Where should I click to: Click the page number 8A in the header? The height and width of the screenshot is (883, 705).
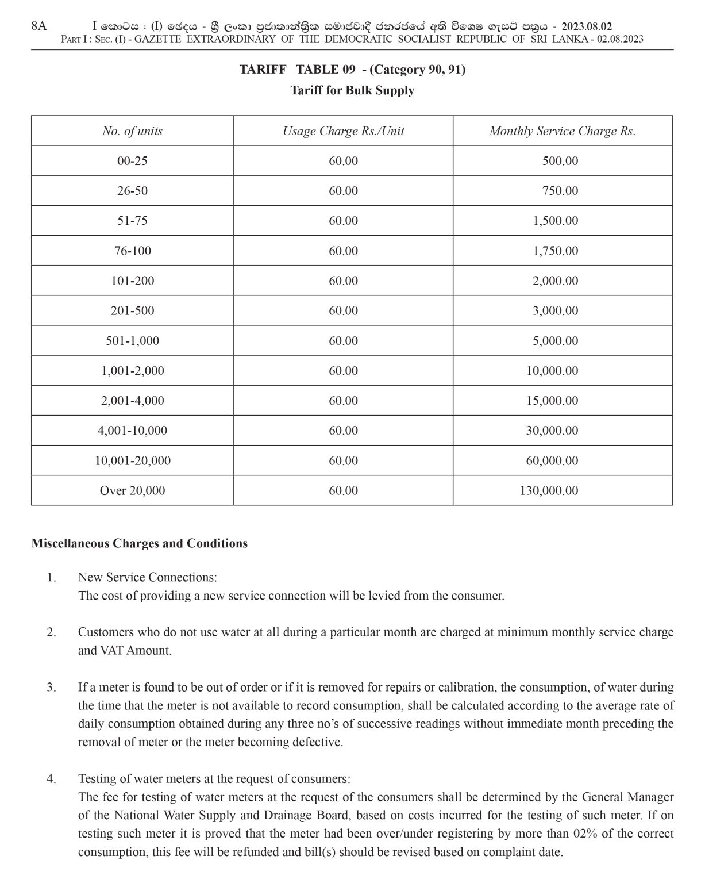[x=38, y=26]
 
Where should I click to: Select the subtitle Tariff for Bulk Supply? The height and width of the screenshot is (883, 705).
[x=352, y=90]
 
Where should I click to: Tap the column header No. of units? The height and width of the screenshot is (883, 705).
[x=132, y=131]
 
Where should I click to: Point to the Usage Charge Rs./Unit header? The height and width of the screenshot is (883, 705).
[x=343, y=131]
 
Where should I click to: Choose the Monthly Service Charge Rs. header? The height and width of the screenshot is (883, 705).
[x=562, y=131]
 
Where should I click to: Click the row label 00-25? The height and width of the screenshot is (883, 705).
[x=132, y=161]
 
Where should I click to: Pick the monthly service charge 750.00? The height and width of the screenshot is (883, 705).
[x=560, y=191]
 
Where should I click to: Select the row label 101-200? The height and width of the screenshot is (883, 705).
[x=132, y=281]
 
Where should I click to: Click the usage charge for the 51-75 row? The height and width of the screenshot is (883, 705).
[x=343, y=221]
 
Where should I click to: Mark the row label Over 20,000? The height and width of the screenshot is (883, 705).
[x=132, y=491]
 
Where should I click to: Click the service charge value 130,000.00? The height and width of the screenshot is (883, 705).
[x=552, y=491]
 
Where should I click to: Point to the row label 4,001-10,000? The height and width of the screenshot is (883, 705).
[x=132, y=431]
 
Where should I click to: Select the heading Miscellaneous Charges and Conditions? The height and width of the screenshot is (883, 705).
[x=139, y=543]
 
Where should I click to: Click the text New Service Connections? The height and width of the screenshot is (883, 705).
[x=147, y=577]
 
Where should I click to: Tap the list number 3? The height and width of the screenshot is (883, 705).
[x=51, y=687]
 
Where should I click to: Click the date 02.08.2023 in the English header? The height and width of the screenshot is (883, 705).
[x=619, y=39]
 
